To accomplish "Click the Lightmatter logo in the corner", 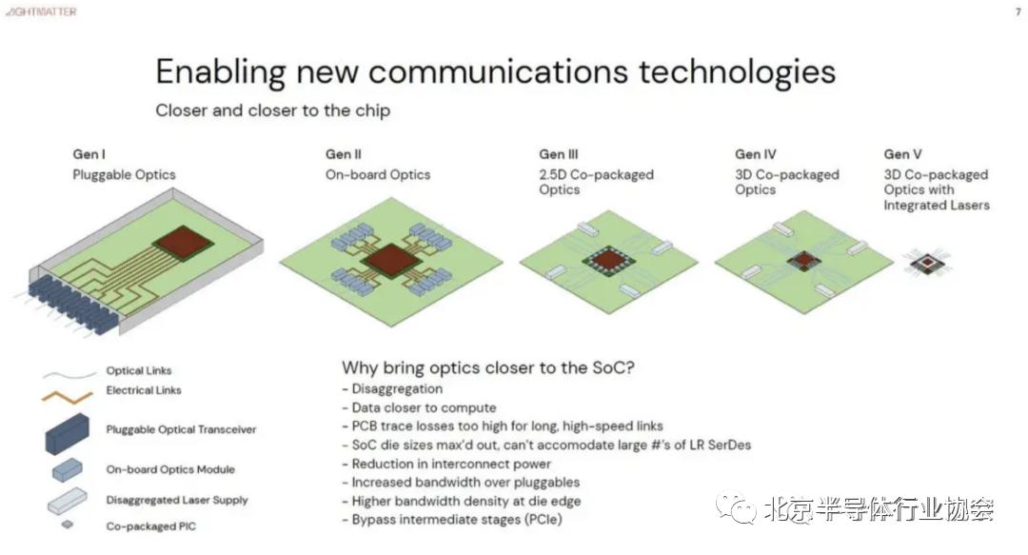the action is point(41,11).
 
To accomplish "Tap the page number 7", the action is point(1018,11).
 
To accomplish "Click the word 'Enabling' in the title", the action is point(221,72).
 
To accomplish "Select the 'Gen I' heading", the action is point(89,154).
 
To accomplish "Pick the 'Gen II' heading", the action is point(344,154).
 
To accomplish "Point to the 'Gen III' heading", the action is point(559,154).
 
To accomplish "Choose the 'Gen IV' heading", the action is point(755,154).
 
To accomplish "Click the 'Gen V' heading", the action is point(902,154).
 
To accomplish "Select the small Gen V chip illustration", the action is point(926,263).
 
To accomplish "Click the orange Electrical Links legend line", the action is point(67,397).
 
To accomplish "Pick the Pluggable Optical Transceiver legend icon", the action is point(67,434).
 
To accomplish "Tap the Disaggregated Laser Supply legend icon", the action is point(67,501).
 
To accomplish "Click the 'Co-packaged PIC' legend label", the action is point(150,526).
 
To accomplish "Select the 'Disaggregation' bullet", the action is point(392,389).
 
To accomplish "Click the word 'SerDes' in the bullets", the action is point(729,445).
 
